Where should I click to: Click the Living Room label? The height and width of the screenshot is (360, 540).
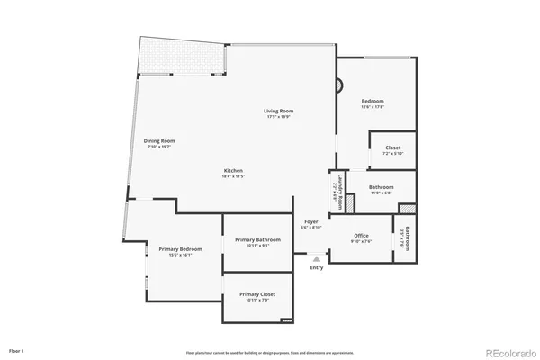279,111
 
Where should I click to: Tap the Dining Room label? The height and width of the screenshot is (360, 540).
159,140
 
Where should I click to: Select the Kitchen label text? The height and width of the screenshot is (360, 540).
233,171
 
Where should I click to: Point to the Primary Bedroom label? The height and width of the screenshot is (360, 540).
180,248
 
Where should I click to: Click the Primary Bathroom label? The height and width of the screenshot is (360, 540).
257,239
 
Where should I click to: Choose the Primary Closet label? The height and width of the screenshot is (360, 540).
257,294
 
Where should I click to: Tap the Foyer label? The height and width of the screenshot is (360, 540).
311,221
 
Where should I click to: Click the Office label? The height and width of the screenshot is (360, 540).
360,236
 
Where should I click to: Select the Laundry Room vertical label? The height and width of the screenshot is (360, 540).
339,192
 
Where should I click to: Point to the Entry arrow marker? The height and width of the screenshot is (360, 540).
316,258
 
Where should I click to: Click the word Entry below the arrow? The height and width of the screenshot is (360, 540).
316,267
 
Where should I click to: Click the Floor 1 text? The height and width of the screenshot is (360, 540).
16,349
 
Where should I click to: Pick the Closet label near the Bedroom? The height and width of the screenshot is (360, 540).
392,148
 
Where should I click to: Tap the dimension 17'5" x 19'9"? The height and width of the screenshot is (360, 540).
279,117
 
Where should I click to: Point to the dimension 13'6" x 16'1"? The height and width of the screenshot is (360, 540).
180,255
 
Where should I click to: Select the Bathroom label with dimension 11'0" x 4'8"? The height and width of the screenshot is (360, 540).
381,187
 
